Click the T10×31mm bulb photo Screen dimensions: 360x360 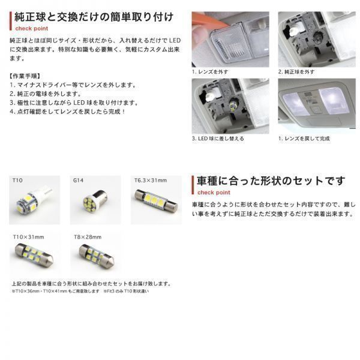pos(34,257)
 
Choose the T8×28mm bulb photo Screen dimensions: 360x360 pos(94,257)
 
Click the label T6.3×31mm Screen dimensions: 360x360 pos(150,179)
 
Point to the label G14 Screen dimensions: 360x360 pos(78,179)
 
